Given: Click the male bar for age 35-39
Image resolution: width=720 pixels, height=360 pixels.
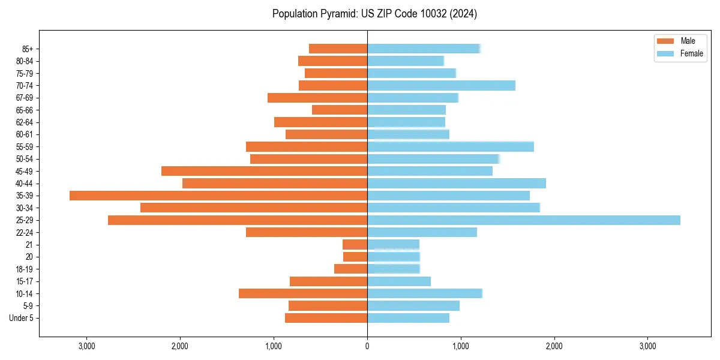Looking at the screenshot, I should coord(218,196).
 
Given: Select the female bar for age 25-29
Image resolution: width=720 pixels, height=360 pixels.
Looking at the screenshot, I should coord(523,220).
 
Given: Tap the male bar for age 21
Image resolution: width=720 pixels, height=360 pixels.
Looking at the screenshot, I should coord(355,245).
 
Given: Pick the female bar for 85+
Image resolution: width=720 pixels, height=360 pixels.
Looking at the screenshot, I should coord(424,49).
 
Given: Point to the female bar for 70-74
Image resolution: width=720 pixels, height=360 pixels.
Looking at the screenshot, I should coord(441,86).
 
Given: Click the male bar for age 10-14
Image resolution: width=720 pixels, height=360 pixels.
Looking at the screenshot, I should coord(303,293).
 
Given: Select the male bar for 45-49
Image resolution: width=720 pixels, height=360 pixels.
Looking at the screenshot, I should coord(264,171).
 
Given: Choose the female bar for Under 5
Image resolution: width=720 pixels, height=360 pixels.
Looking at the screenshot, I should coord(408,318).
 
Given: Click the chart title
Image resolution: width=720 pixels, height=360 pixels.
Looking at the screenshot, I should coord(374,14).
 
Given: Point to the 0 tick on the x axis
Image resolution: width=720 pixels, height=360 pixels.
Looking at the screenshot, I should coord(367,346).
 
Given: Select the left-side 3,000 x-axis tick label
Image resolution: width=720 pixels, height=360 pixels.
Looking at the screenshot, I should coord(87,346).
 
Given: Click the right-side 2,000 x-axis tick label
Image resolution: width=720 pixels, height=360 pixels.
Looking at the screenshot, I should coord(554,346).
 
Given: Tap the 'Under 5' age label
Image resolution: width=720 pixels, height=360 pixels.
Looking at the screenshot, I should coord(21,318).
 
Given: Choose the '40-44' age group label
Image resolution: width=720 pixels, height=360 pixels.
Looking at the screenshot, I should coord(25,184).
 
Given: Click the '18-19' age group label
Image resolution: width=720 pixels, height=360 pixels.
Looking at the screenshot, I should coord(25,269).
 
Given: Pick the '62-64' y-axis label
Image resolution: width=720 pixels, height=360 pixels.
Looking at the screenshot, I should coord(25,122).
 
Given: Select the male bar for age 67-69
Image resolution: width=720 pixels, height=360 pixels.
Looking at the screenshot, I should coord(317,98).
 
